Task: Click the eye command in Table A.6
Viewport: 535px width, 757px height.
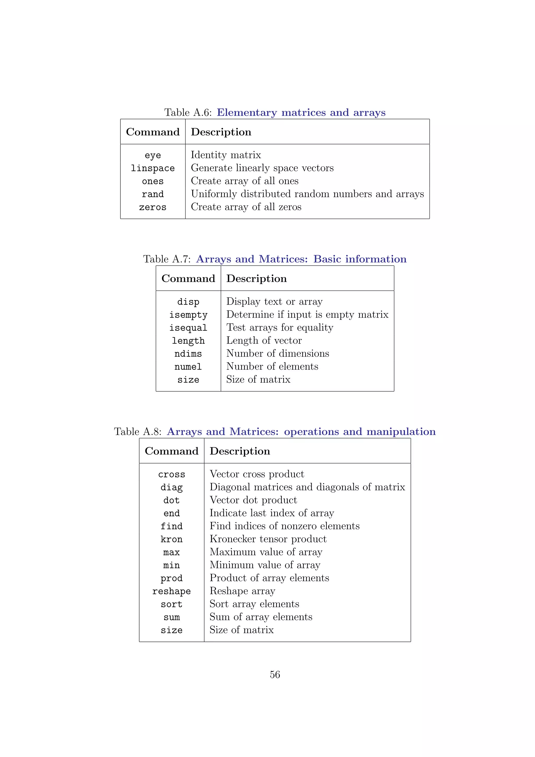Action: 153,155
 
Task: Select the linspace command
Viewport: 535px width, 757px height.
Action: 153,168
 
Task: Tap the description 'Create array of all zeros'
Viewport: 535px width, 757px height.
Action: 246,207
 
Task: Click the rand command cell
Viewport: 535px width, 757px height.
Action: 153,194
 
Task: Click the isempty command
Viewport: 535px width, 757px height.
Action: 188,315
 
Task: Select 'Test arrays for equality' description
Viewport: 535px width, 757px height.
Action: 280,328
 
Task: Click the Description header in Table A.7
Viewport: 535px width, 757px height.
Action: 257,279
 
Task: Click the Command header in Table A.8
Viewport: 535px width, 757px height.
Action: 171,451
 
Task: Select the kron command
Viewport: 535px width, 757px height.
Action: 171,539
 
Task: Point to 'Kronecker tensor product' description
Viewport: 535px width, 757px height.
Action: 268,539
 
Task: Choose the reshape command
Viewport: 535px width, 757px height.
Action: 171,591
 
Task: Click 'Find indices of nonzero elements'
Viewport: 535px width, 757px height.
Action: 284,526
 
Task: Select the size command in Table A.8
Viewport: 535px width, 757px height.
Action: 171,630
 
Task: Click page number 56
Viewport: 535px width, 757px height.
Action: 275,674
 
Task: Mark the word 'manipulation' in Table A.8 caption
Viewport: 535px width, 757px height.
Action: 401,432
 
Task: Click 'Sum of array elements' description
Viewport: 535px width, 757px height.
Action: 261,617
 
